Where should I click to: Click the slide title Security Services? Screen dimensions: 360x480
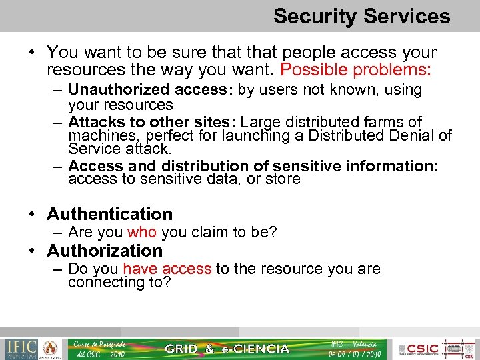pyautogui.click(x=361, y=16)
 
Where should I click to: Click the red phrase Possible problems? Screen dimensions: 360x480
pyautogui.click(x=356, y=69)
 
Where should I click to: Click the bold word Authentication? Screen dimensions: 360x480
pyautogui.click(x=110, y=214)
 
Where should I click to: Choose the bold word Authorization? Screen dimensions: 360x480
pyautogui.click(x=105, y=251)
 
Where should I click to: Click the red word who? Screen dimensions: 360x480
pyautogui.click(x=141, y=232)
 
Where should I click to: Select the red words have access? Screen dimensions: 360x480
pyautogui.click(x=167, y=269)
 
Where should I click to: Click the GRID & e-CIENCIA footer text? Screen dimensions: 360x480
pyautogui.click(x=227, y=348)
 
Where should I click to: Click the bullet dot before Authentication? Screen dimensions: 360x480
pyautogui.click(x=32, y=215)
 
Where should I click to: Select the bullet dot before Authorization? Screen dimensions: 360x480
pyautogui.click(x=32, y=251)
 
